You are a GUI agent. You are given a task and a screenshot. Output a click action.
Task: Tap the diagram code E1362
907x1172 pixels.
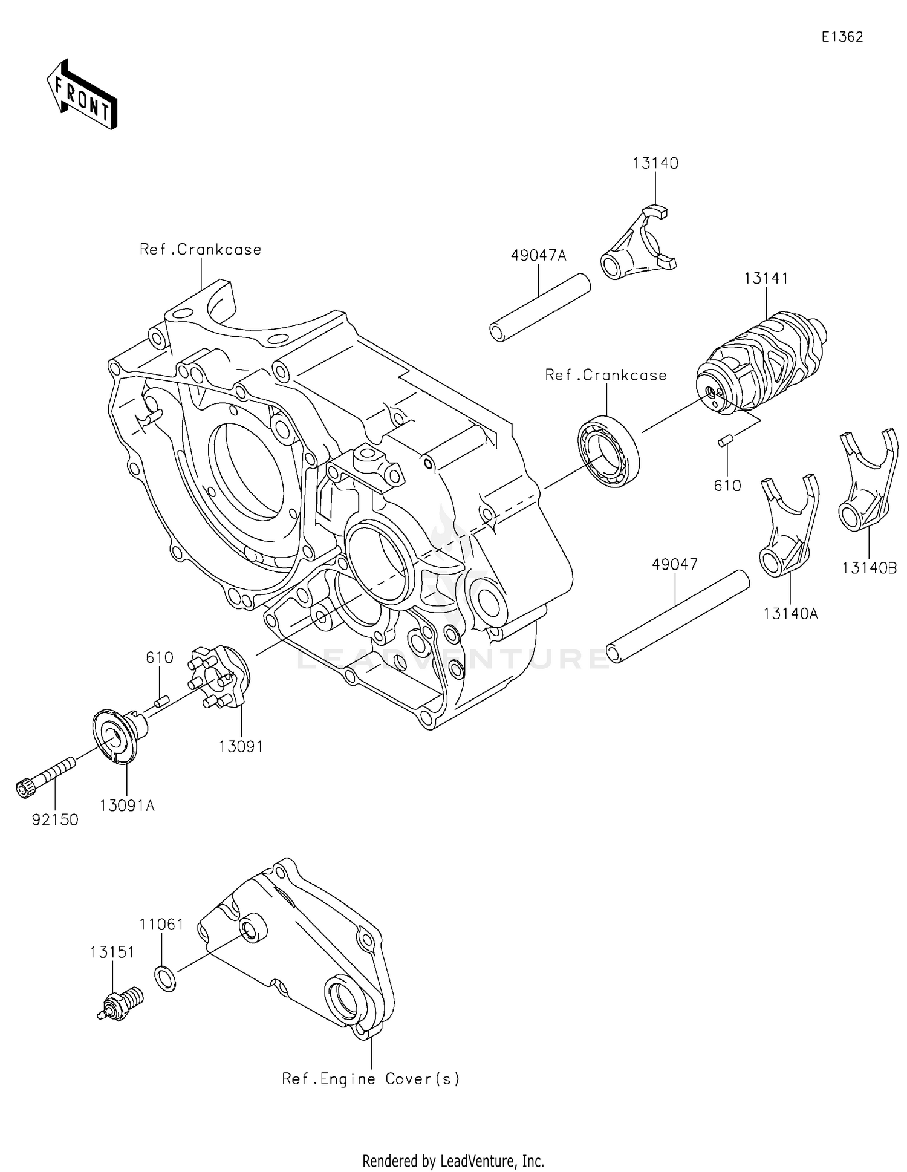pyautogui.click(x=842, y=37)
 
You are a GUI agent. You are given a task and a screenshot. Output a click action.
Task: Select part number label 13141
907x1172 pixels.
pyautogui.click(x=766, y=279)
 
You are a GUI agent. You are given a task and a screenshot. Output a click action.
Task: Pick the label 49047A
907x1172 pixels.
pyautogui.click(x=538, y=256)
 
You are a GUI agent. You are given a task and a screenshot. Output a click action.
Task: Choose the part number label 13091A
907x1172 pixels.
pyautogui.click(x=127, y=806)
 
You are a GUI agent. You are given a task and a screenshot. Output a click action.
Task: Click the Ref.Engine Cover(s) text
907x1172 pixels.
pyautogui.click(x=371, y=1078)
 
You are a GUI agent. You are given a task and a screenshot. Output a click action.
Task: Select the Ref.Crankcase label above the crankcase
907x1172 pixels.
pyautogui.click(x=200, y=250)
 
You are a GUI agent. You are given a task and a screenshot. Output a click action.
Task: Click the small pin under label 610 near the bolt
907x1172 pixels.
pyautogui.click(x=161, y=702)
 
